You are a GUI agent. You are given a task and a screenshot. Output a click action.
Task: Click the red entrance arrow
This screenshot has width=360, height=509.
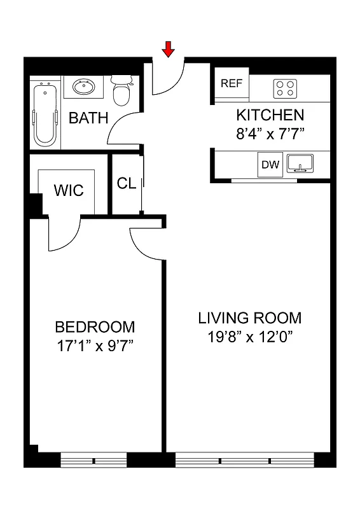pos(169,49)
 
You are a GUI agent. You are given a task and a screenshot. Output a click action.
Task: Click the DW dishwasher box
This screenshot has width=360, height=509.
pos(270,165)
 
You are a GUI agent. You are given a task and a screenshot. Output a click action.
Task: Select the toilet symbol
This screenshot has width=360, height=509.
pos(121,92)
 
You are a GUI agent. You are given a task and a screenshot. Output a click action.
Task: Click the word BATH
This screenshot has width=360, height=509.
pos(88,118)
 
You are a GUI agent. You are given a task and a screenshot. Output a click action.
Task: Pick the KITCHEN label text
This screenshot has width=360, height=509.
pos(270,115)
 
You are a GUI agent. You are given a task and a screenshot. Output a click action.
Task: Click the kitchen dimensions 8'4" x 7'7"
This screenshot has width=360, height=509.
pos(270,134)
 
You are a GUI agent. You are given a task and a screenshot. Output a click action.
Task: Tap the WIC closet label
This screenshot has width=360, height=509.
pos(68,190)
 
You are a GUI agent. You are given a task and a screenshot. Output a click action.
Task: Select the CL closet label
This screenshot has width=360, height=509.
pos(127,183)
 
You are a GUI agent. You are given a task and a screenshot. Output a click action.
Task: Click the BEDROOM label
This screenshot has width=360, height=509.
pos(95,327)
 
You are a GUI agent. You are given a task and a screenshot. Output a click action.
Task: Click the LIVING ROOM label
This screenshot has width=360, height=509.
pos(249,317)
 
